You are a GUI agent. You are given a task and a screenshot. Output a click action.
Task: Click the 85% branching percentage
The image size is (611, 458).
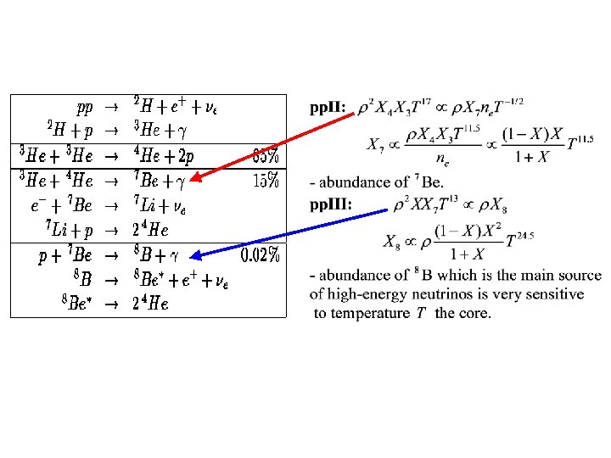click(x=266, y=157)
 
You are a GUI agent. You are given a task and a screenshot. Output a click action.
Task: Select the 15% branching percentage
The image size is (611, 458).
click(x=266, y=181)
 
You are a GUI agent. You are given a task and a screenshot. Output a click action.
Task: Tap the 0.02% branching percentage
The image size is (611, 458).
click(x=260, y=254)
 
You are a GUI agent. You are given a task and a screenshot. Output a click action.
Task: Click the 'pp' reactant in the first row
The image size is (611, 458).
click(x=84, y=108)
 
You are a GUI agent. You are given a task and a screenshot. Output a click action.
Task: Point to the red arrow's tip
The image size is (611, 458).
click(x=191, y=181)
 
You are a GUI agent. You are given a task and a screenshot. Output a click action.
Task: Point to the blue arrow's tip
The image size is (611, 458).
click(x=191, y=255)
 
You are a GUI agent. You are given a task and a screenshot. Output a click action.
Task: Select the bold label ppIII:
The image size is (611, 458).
click(x=332, y=204)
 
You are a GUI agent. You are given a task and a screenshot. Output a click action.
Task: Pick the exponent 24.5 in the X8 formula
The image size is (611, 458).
click(x=520, y=236)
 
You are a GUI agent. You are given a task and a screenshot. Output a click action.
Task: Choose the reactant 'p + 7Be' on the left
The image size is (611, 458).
click(x=68, y=255)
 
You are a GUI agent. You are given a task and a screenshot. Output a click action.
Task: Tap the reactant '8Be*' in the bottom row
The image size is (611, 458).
click(x=76, y=304)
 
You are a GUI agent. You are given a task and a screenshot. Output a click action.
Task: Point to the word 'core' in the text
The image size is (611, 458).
click(x=474, y=313)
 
